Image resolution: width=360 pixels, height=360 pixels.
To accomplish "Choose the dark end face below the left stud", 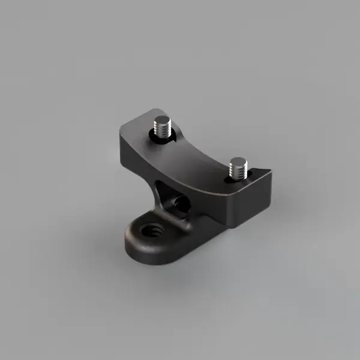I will point(132,153).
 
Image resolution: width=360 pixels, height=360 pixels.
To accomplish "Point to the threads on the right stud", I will point(238,172).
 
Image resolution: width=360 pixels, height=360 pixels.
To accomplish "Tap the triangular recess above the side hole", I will point(161,186).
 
